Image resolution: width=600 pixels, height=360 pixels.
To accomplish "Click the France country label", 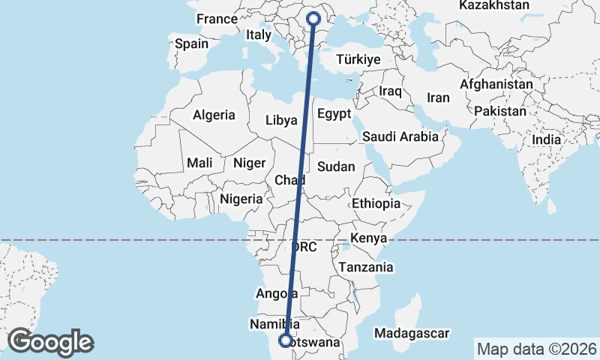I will point(216,19).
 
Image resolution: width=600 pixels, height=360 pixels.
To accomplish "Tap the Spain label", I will point(191,43).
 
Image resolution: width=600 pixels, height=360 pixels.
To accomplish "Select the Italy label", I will point(259,34).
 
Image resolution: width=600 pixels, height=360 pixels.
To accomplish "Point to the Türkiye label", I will point(359,59).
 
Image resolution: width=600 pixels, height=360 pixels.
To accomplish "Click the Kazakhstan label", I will point(494,5).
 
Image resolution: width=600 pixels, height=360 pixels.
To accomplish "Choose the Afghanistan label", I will point(496,85).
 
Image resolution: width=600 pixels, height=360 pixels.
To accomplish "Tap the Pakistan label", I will point(499,111).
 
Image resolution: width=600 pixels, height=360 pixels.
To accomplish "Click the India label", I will point(546,139).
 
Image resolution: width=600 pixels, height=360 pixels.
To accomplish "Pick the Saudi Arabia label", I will point(400,137).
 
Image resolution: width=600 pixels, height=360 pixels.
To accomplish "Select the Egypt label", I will point(334,114).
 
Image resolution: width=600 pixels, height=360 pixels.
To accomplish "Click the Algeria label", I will point(214,115).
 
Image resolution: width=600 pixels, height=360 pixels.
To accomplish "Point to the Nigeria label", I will point(241,199).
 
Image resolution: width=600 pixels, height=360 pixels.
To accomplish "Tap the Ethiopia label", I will point(376,203).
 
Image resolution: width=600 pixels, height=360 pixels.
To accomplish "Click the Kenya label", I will point(369,238).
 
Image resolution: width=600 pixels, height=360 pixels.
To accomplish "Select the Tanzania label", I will point(366,267).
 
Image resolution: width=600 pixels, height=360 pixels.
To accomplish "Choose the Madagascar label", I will point(412,332).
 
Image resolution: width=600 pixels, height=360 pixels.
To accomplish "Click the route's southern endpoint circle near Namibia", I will point(286,340).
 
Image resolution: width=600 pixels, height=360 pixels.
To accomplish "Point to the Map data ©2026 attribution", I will point(537,349).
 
